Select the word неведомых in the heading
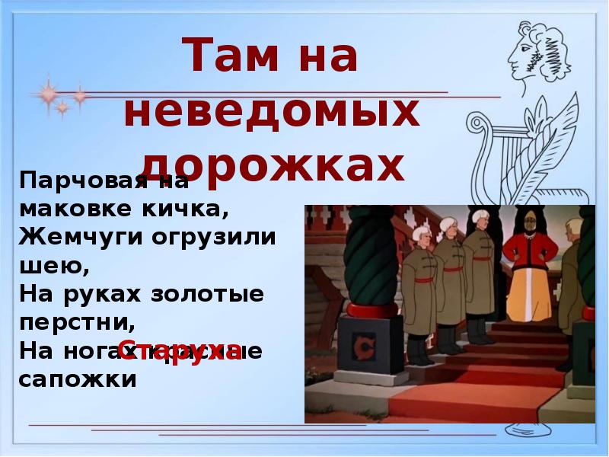(272, 113)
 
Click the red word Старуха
(180, 350)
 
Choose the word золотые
(206, 292)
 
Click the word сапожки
(78, 378)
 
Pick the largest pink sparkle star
(49, 94)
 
